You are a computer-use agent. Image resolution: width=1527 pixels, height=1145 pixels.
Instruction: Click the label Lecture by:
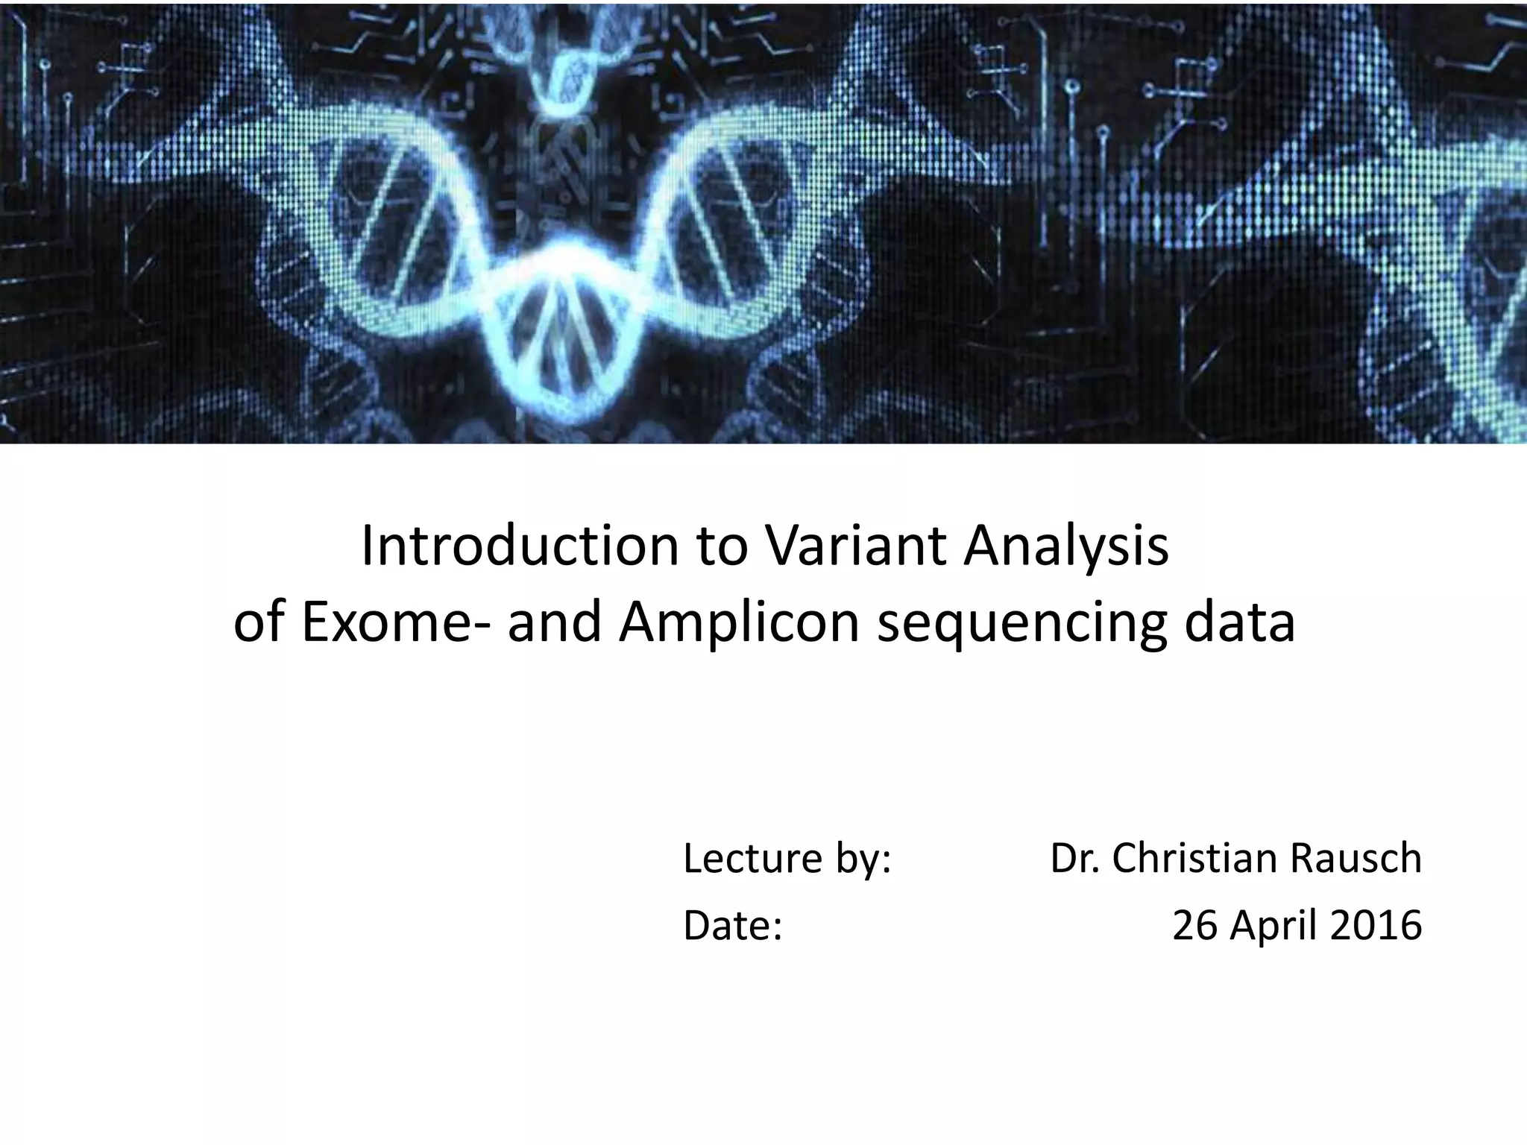click(x=787, y=859)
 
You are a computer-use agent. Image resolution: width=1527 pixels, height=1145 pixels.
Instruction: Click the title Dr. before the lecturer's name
click(x=1074, y=859)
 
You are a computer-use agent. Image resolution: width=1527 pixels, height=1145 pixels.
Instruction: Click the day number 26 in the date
click(x=1196, y=926)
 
